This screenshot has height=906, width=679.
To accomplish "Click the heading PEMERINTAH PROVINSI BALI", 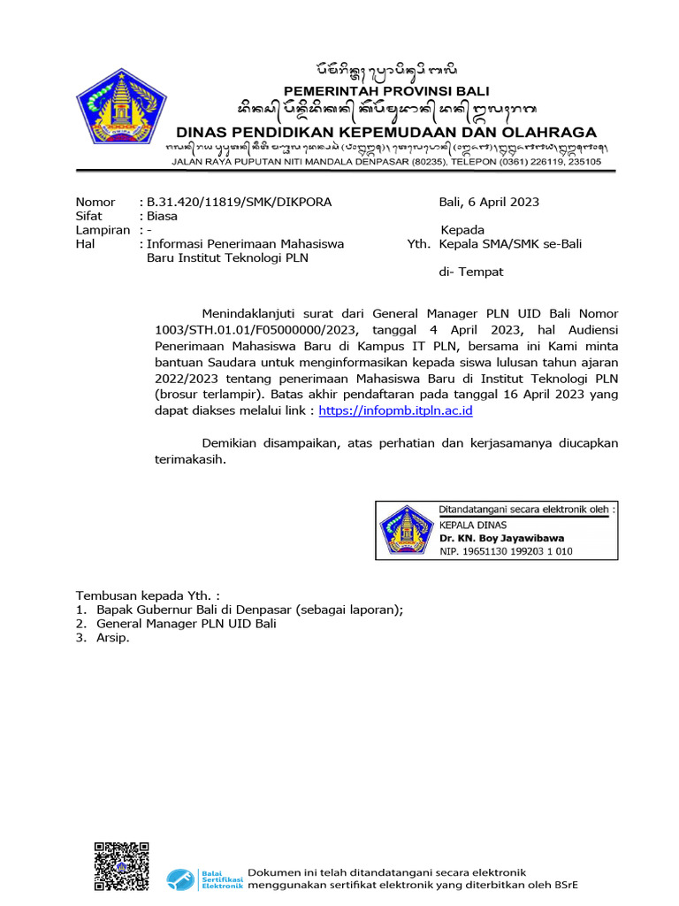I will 386,91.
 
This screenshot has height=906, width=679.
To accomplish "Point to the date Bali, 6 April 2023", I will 489,202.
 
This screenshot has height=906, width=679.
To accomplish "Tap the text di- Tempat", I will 471,272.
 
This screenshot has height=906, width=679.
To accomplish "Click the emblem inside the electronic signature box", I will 406,531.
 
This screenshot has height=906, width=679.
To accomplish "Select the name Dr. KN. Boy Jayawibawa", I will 501,537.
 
